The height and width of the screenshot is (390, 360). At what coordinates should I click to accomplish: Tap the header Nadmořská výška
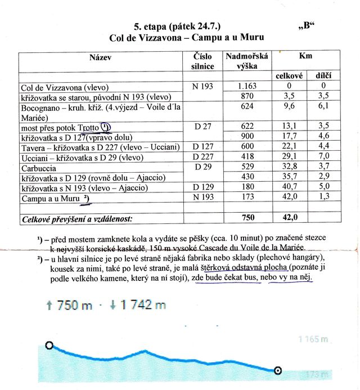(247, 61)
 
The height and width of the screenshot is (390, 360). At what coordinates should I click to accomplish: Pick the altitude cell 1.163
(247, 87)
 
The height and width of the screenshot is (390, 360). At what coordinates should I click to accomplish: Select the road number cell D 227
(203, 157)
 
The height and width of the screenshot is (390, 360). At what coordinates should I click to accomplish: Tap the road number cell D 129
(203, 187)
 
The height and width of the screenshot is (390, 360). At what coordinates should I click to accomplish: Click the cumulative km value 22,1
(290, 147)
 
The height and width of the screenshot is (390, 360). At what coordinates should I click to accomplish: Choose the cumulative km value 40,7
(290, 187)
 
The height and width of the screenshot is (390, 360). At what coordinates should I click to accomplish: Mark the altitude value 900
(247, 137)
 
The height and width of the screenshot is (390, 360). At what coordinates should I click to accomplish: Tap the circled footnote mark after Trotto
(106, 127)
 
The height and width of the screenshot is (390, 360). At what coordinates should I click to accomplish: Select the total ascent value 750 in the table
(247, 217)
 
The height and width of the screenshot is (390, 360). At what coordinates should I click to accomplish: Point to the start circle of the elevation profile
(49, 346)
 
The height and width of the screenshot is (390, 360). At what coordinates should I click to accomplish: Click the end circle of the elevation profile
(277, 370)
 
